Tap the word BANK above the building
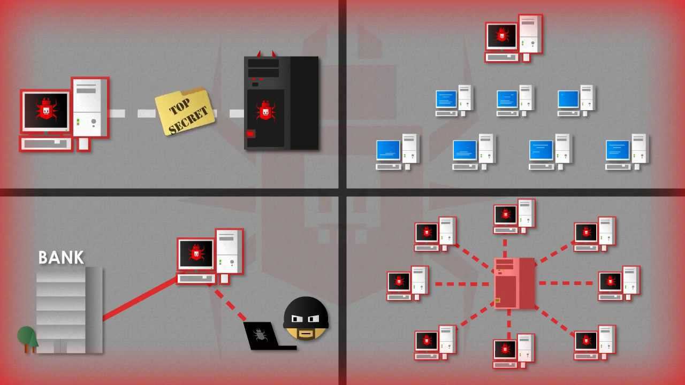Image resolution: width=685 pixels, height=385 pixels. (61, 258)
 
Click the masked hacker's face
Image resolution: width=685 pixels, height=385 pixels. (306, 319)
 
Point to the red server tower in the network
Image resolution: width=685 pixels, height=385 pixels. (514, 283)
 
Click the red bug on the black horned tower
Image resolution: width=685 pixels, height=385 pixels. (265, 111)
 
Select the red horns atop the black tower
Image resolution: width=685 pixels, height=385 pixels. (267, 53)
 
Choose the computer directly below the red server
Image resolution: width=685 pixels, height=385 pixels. (514, 350)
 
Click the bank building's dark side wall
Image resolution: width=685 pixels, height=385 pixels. (94, 310)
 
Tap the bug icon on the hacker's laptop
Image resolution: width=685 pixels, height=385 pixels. (260, 336)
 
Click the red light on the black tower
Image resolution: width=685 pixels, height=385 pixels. (250, 134)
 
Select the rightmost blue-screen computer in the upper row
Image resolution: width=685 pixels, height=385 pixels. (576, 100)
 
